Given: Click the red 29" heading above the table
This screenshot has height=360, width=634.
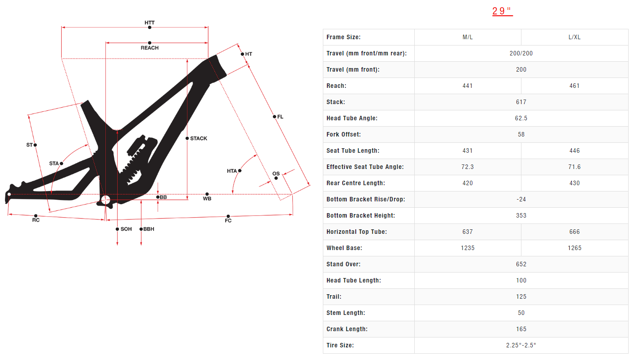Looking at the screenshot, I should [x=502, y=11].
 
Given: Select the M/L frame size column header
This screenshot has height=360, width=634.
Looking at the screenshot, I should [x=467, y=37].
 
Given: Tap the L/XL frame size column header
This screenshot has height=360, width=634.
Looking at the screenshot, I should [x=574, y=37].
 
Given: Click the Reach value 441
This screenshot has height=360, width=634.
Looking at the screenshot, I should [x=467, y=86].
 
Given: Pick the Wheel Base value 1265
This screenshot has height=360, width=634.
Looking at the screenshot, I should [x=574, y=248].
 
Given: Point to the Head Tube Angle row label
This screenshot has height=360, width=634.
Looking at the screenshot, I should [x=352, y=118].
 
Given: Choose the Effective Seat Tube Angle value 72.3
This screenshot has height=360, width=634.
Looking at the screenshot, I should [x=467, y=167].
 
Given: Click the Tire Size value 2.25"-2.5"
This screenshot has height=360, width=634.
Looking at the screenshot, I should [x=521, y=346].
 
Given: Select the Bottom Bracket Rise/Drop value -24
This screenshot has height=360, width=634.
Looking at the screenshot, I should [x=521, y=200].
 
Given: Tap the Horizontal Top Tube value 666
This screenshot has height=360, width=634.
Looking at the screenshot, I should [x=574, y=232].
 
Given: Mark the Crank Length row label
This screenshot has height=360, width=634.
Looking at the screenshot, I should [x=347, y=329].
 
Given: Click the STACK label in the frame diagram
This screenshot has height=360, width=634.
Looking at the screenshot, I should [x=199, y=138].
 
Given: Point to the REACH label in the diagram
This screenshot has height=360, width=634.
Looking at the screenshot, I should [x=149, y=48].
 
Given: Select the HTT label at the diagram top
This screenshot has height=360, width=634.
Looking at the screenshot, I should [x=149, y=23].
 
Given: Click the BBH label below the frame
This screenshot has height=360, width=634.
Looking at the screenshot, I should [x=149, y=229].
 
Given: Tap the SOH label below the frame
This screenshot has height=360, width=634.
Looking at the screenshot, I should [x=126, y=229].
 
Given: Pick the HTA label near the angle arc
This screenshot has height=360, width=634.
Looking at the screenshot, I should [x=232, y=171].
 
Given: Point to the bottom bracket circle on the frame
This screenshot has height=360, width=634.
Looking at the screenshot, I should [x=106, y=200].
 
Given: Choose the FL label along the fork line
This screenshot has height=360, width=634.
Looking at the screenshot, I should [x=280, y=117].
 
